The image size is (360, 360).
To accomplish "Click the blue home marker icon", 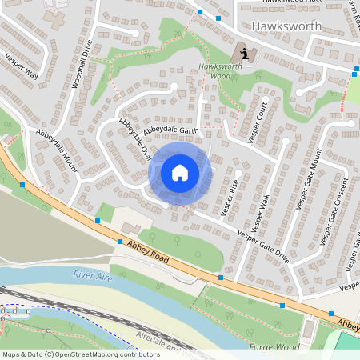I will click(x=180, y=172).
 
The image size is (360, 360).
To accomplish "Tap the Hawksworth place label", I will click(x=286, y=26).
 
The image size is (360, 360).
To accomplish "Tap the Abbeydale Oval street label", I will click(x=134, y=139).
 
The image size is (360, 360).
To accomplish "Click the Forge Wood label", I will click(x=274, y=348).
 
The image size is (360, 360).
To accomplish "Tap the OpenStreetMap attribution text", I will click(x=81, y=354).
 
